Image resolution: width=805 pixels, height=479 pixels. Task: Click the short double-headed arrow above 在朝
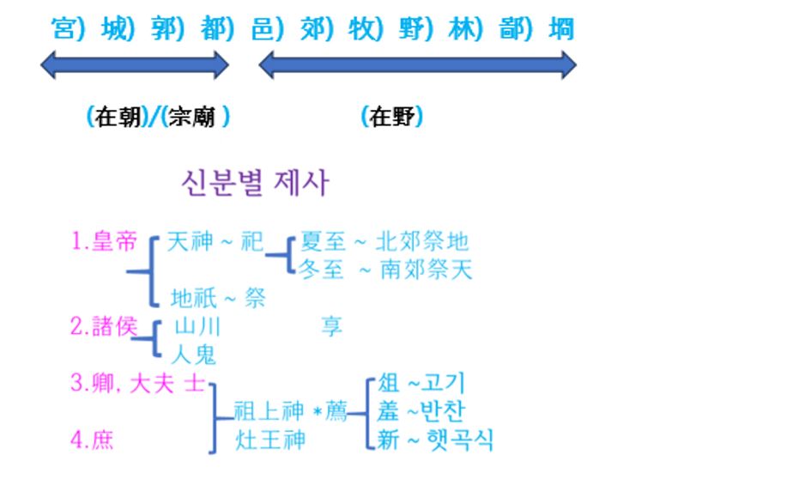point(135,64)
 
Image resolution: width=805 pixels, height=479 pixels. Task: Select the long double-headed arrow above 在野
point(417,64)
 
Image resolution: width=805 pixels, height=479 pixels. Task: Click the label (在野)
point(392,117)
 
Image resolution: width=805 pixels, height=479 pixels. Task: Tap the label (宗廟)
point(196,117)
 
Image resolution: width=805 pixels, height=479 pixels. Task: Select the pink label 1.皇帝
point(104,242)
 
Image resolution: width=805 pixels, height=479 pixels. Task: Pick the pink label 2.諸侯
point(104,326)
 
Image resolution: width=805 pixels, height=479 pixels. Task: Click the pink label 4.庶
point(92,441)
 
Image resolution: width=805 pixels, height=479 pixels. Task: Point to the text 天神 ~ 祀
point(215,242)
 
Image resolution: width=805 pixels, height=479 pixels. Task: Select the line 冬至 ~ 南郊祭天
point(386,270)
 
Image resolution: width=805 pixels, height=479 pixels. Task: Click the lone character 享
point(331,326)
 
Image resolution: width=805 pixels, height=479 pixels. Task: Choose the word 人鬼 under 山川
point(195,354)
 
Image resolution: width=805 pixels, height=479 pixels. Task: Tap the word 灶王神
point(271,440)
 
